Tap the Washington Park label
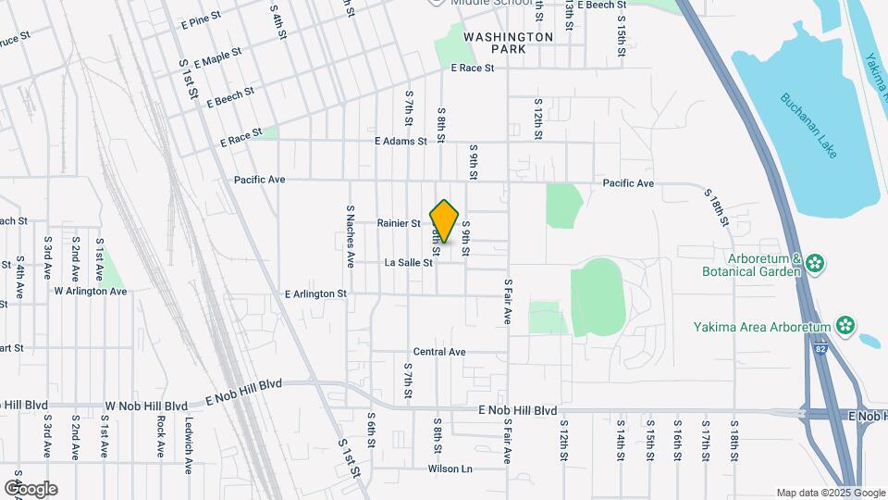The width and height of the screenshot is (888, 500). pos(508,44)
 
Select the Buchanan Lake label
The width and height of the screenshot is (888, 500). pos(808,125)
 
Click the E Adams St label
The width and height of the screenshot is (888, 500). pos(401,142)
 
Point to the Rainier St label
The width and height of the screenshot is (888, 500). pos(399,223)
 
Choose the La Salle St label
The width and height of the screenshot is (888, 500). pos(409,263)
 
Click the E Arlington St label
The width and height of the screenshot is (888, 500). pos(315,294)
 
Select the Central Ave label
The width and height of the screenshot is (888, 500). pos(439,352)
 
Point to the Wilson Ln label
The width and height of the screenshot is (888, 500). pos(450,469)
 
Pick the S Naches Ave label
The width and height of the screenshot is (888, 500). pos(351,237)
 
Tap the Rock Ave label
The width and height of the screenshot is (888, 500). pos(160,436)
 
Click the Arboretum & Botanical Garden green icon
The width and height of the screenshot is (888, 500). pos(814,264)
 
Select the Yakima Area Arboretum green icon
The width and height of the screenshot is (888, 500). pos(845,325)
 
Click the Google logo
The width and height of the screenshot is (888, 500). pos(31,489)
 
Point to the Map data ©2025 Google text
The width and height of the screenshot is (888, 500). pos(829,493)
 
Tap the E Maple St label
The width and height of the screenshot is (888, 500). pos(212,58)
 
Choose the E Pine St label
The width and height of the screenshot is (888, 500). pos(201,17)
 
